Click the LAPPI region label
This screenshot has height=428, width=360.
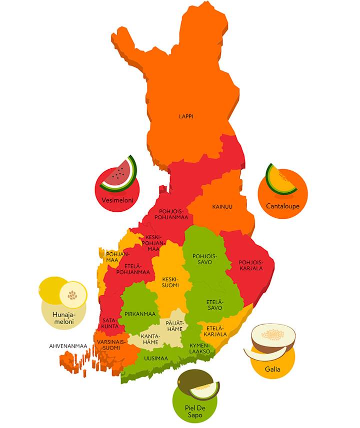(186, 116)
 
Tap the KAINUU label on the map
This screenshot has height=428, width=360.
(222, 206)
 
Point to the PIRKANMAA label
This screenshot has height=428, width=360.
(140, 314)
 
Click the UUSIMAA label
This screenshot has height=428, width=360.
(155, 358)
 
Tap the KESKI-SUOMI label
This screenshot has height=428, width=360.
(170, 283)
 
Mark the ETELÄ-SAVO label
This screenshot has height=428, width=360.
(215, 305)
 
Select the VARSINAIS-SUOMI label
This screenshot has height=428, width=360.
(108, 345)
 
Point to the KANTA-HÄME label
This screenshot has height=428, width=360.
(149, 339)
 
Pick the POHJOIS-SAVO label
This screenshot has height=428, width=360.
(202, 259)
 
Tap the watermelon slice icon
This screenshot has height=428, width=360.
(118, 175)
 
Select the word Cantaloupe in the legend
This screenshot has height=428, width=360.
(282, 205)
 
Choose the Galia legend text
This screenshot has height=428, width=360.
(272, 370)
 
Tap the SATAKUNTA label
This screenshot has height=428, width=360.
(110, 323)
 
